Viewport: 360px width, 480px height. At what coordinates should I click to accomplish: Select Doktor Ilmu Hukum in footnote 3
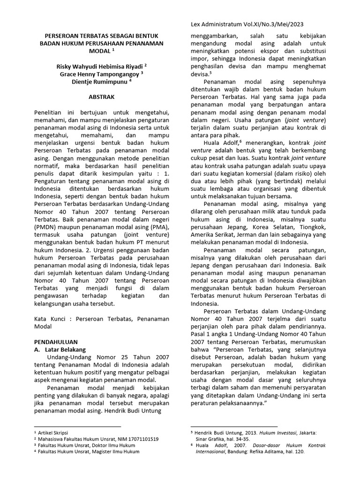point(123,445)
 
